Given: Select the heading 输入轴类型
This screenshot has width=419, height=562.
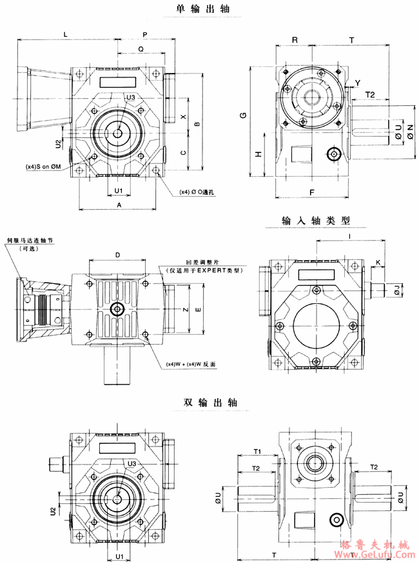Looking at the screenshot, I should pyautogui.click(x=316, y=220).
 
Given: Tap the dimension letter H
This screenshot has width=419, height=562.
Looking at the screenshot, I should pyautogui.click(x=258, y=154).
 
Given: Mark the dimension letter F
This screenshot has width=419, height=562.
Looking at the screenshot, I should pyautogui.click(x=311, y=192).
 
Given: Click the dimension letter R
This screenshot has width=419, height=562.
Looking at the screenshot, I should pyautogui.click(x=294, y=40).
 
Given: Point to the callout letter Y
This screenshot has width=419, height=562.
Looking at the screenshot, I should pyautogui.click(x=357, y=82).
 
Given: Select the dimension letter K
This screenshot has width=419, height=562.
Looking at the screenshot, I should pyautogui.click(x=378, y=262).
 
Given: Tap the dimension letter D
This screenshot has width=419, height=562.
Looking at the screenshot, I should pyautogui.click(x=117, y=256).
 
